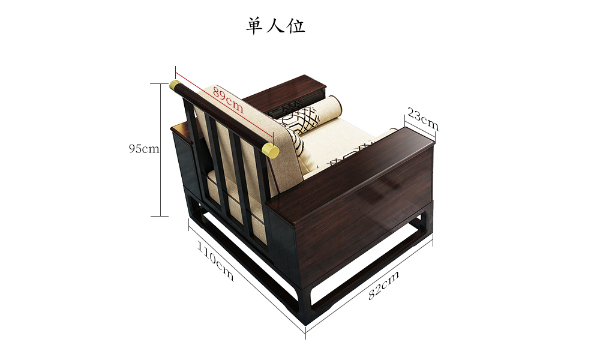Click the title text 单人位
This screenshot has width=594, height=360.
pos(275,26)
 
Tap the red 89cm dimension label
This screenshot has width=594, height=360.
pos(227,100)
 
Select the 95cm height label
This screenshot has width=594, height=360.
pos(144,149)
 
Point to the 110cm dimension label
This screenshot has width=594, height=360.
pos(215,262)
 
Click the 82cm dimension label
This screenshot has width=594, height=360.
pos(383,285)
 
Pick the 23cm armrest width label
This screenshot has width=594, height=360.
pos(423,119)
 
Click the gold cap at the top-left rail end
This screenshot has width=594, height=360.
pos(175,86)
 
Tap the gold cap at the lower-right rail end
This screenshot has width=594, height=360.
pos(271,151)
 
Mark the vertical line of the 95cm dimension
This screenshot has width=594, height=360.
pos(160,149)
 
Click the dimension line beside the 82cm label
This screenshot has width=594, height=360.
pos(370,288)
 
